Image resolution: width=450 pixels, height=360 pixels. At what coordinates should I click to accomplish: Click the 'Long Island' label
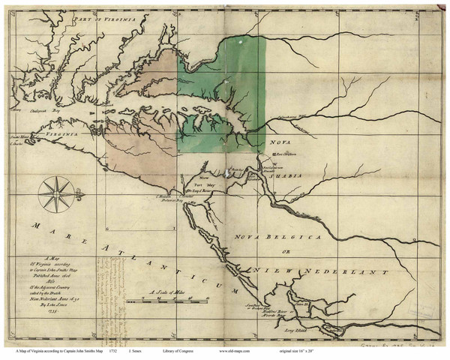[x=294, y=328]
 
